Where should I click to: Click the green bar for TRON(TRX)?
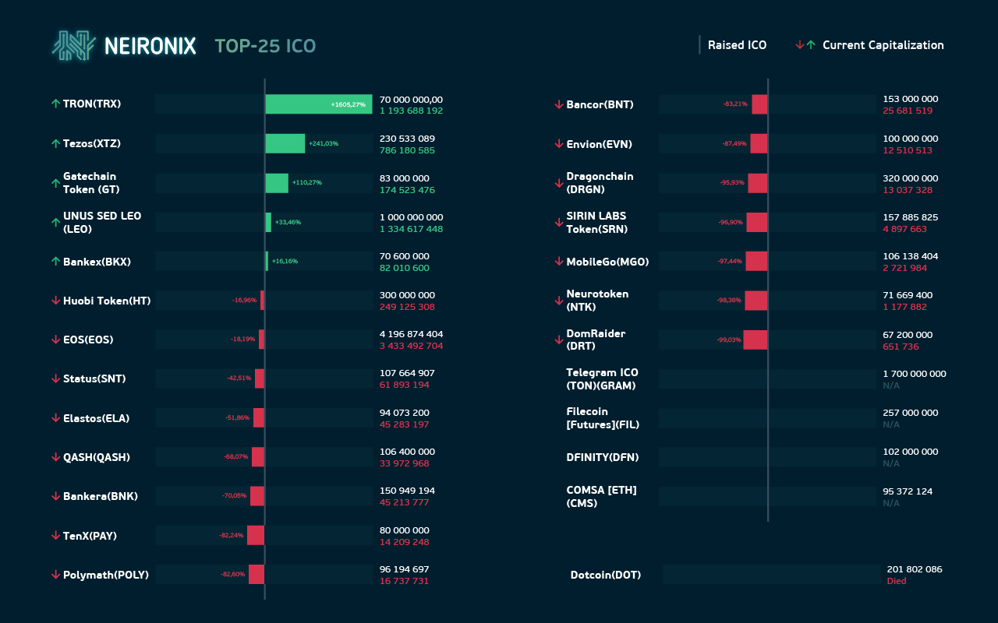click(319, 104)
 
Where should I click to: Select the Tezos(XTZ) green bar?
click(285, 143)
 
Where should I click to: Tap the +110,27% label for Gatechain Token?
click(306, 183)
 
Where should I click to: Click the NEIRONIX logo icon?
click(74, 46)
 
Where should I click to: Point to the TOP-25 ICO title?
click(265, 47)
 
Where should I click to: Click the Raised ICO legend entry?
click(737, 45)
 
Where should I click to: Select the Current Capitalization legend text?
click(883, 45)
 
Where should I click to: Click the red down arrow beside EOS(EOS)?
click(55, 340)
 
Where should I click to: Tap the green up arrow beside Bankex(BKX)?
click(55, 262)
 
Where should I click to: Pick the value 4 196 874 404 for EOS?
click(411, 334)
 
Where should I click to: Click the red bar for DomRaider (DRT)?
click(756, 340)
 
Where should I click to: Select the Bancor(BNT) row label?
click(600, 104)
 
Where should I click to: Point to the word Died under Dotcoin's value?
click(897, 582)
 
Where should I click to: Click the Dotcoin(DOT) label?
click(606, 575)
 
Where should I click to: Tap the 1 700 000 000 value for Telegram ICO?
click(915, 374)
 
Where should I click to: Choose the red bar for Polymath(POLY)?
click(257, 574)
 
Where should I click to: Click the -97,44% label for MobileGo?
click(730, 262)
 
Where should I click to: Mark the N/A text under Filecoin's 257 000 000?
click(891, 424)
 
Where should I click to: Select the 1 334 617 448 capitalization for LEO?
click(411, 229)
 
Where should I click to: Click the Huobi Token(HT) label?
click(107, 301)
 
